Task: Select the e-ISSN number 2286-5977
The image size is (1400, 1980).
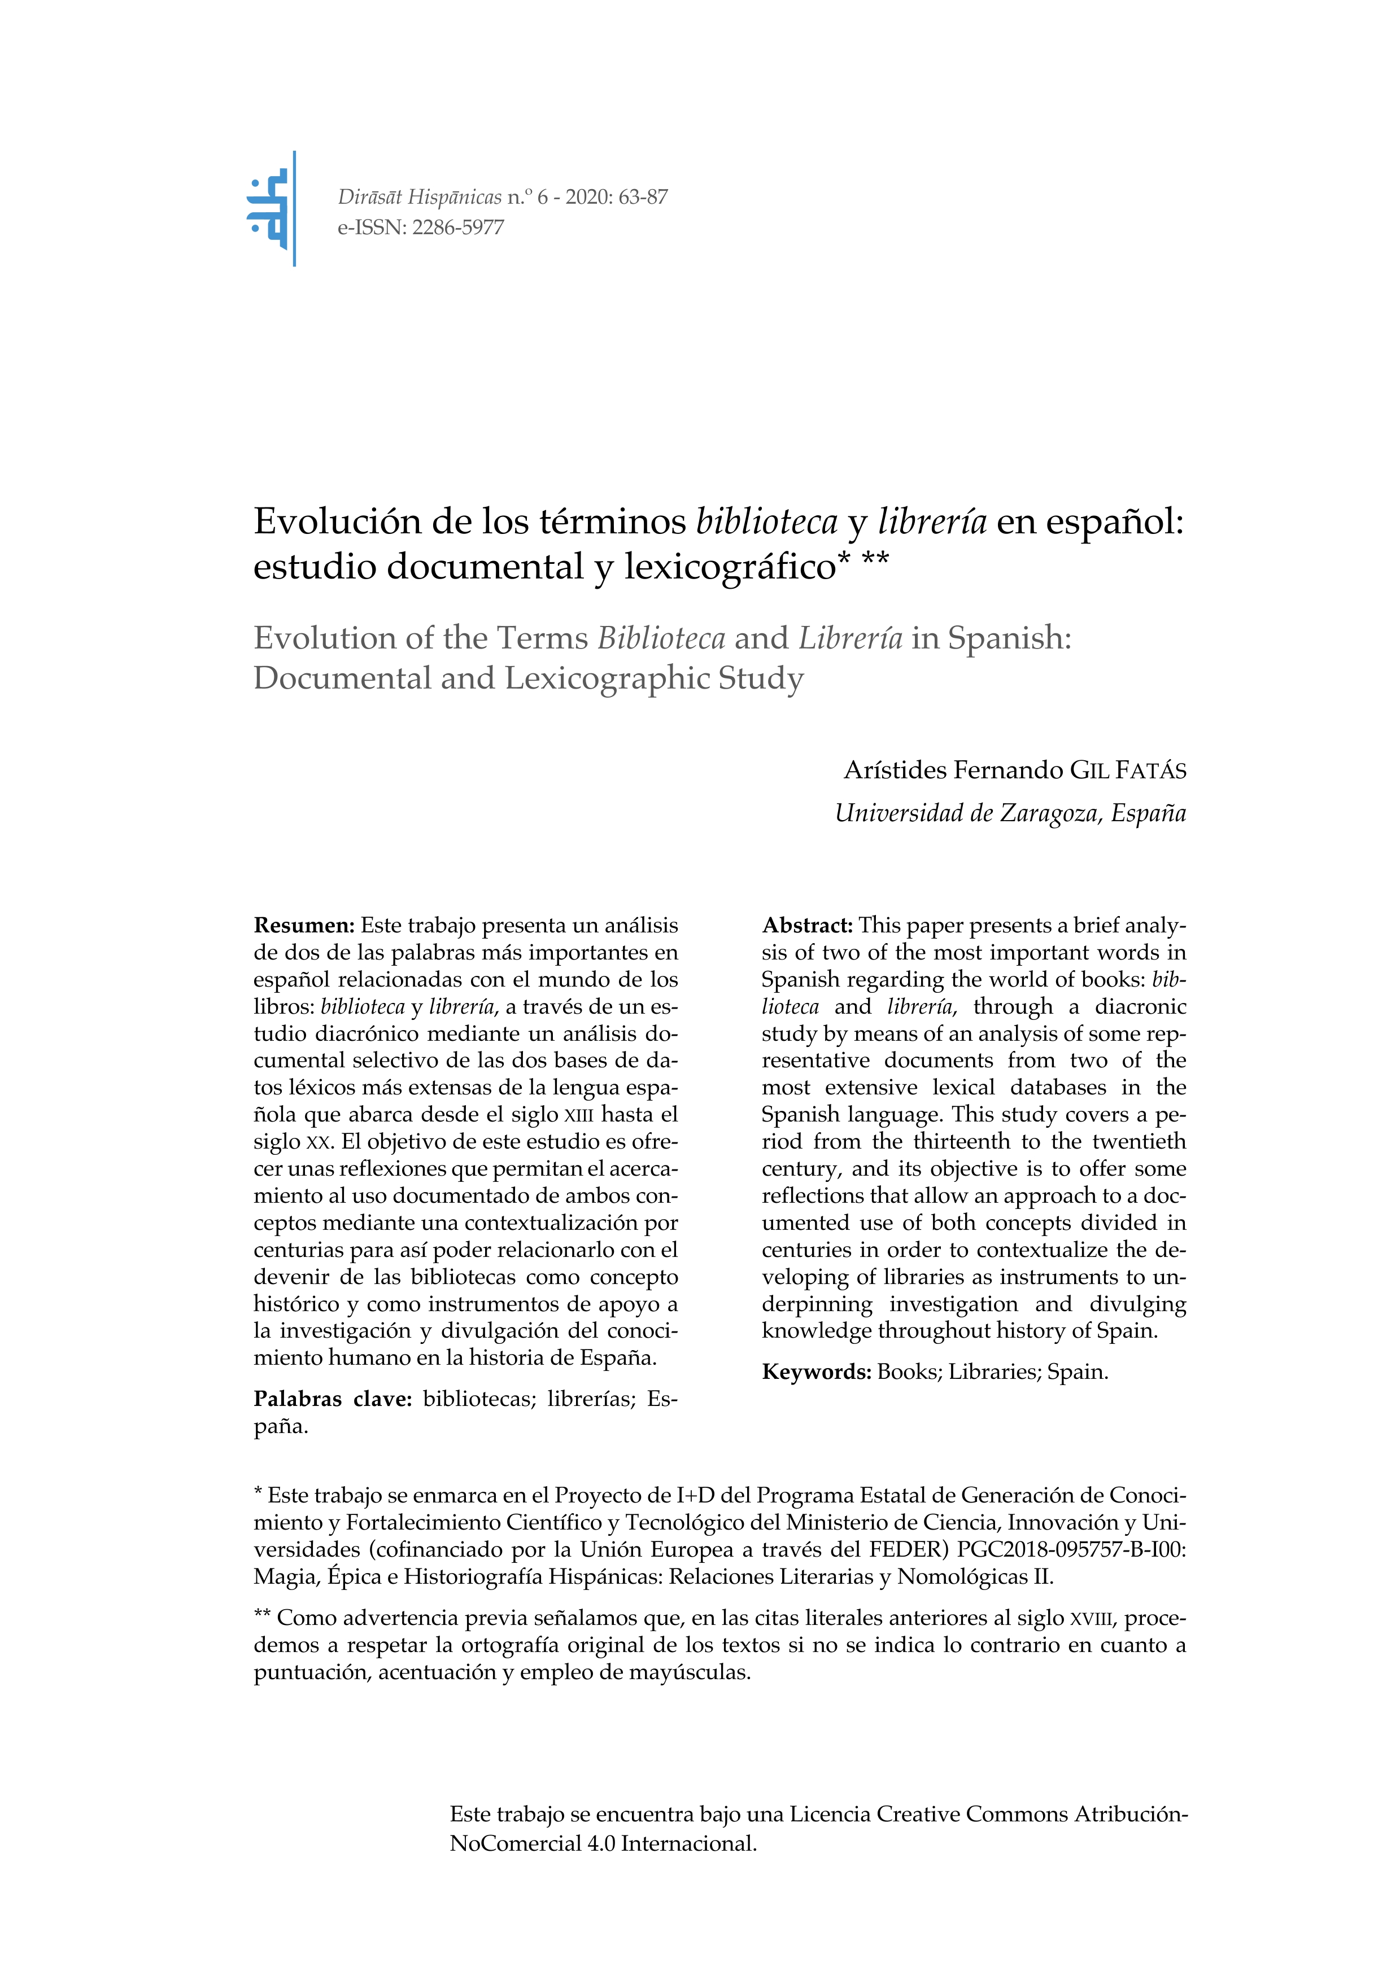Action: click(458, 227)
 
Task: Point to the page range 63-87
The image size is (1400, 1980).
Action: click(643, 198)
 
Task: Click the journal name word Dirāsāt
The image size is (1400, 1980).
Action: click(370, 198)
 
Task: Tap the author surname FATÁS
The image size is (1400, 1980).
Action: click(1151, 770)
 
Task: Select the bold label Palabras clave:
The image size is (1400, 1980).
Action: click(333, 1399)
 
